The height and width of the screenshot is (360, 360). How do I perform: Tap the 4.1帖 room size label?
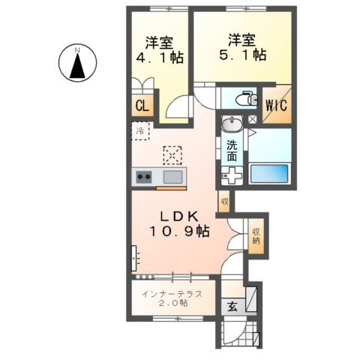154,55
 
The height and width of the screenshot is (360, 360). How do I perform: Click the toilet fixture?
242,98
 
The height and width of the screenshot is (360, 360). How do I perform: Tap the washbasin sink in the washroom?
232,124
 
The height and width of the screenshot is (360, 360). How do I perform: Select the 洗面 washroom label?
232,151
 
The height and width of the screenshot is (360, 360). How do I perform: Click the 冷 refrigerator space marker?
140,132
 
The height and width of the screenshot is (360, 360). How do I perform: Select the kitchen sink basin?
172,177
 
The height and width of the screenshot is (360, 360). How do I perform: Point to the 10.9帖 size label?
178,232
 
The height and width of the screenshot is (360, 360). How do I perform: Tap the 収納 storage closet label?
256,236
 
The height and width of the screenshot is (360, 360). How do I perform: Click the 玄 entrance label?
231,306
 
